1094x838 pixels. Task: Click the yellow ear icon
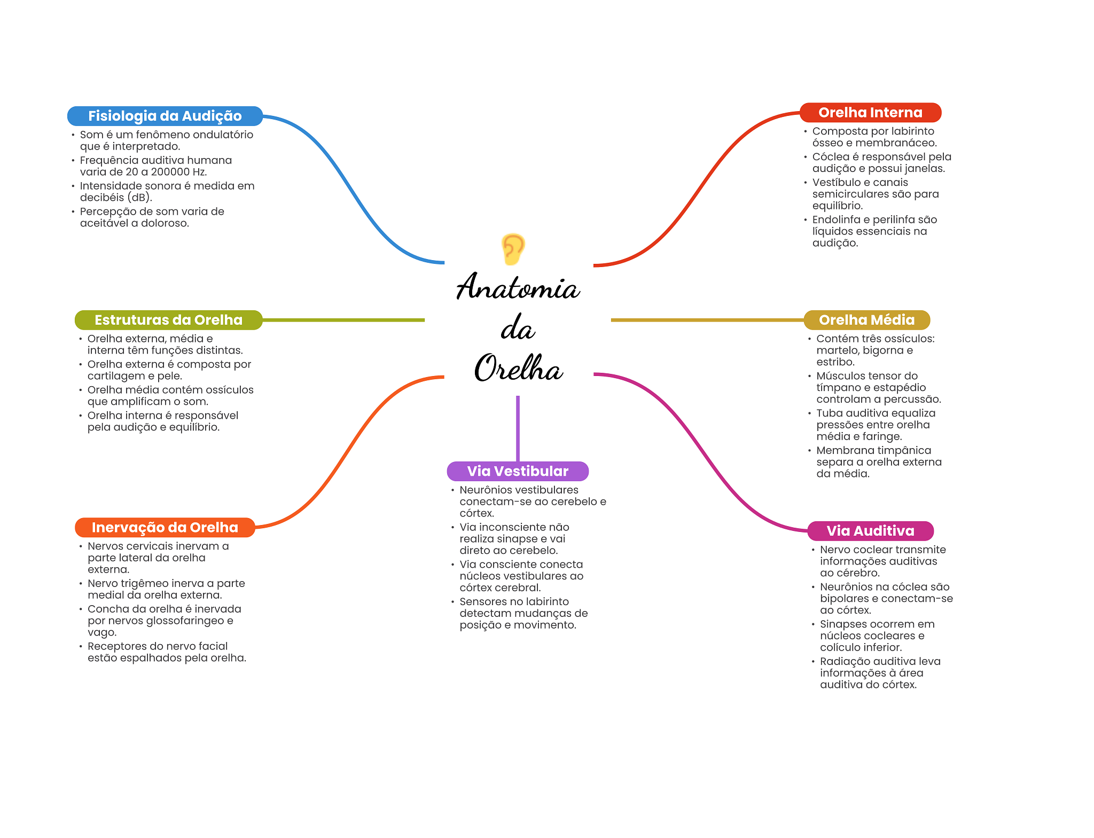pyautogui.click(x=513, y=249)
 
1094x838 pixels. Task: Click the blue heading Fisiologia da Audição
pyautogui.click(x=165, y=116)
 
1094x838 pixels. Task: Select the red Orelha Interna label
pyautogui.click(x=870, y=113)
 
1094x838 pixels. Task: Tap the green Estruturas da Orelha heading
pyautogui.click(x=168, y=320)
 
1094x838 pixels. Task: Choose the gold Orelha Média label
pyautogui.click(x=866, y=320)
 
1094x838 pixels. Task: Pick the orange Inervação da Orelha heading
pyautogui.click(x=165, y=527)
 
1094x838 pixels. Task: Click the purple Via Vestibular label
pyautogui.click(x=518, y=471)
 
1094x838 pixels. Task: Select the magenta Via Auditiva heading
pyautogui.click(x=870, y=531)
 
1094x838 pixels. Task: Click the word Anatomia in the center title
pyautogui.click(x=518, y=286)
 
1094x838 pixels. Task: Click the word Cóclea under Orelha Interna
pyautogui.click(x=830, y=156)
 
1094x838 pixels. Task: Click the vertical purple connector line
pyautogui.click(x=518, y=428)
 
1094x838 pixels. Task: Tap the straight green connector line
pyautogui.click(x=343, y=320)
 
